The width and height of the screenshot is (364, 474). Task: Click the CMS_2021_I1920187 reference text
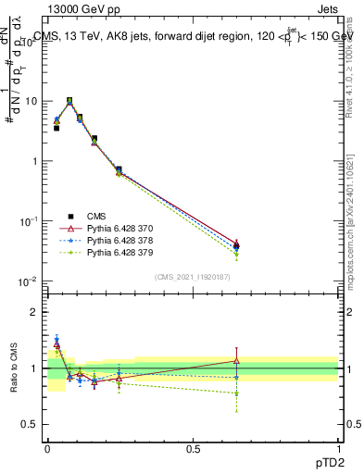[x=193, y=276]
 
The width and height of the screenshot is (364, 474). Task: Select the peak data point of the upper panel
[x=69, y=101]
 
